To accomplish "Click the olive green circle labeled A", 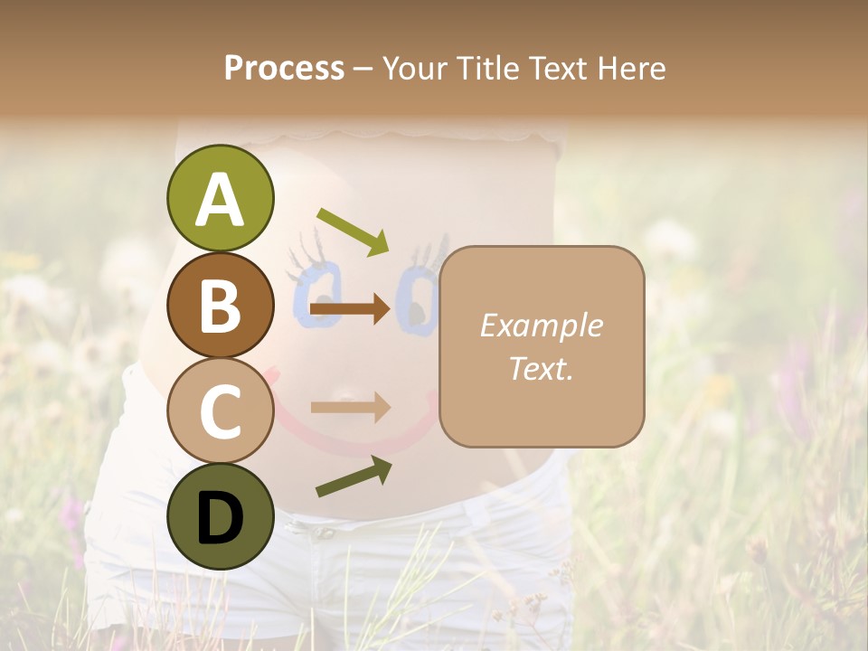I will (220, 198).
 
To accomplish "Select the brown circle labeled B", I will (220, 304).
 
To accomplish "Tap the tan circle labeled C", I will (220, 410).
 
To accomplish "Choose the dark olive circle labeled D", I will (220, 515).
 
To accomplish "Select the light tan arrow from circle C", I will (351, 407).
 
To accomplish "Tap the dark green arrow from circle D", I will (354, 477).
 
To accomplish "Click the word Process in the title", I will (284, 68).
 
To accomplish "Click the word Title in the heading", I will (487, 68).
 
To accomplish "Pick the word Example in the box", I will (541, 325).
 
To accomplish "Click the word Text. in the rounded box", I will (541, 368).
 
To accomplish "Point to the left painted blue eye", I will (316, 294).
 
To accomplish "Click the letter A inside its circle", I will (220, 200).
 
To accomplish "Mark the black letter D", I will (220, 517).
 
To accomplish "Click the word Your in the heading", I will (415, 68).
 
